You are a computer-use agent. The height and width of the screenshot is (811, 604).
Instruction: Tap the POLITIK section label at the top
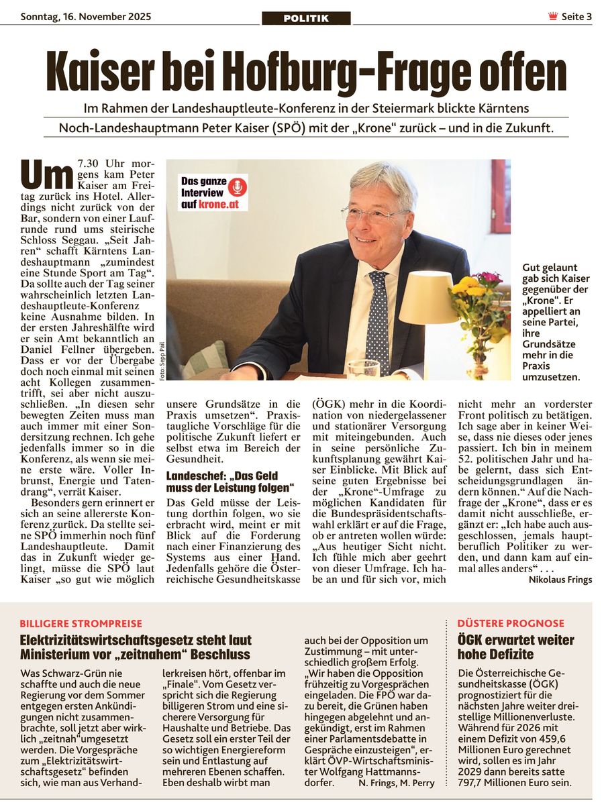[306, 18]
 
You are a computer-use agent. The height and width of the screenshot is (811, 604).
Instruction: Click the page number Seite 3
[576, 17]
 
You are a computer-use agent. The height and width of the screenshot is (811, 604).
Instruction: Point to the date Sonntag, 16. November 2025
[86, 16]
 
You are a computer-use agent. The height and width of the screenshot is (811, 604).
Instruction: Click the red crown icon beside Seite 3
[553, 17]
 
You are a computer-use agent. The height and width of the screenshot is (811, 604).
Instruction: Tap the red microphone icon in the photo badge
[237, 186]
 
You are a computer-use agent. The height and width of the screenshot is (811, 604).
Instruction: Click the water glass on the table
[363, 370]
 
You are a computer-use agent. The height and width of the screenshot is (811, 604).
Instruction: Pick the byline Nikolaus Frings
[560, 579]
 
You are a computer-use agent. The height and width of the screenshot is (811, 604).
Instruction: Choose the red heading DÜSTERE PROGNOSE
[511, 623]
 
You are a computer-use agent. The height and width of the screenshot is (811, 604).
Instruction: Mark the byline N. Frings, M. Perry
[397, 782]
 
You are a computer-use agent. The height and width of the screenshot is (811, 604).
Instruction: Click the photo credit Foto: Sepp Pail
[161, 362]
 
